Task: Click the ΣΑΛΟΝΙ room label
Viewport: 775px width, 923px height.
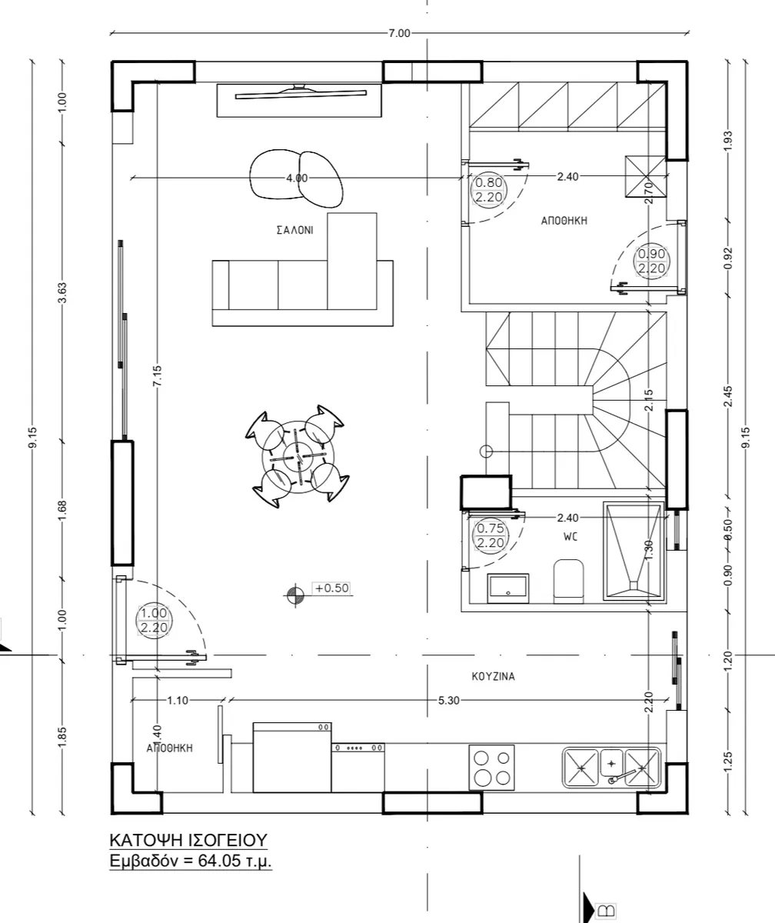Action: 294,230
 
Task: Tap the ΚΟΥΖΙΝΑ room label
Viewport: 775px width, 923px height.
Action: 493,676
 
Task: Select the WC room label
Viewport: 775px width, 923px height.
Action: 570,537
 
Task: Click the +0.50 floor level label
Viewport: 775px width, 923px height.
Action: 332,588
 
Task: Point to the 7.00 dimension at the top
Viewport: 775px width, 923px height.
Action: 399,34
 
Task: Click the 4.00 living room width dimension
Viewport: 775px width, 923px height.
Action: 297,178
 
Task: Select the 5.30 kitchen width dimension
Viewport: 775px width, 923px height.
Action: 448,701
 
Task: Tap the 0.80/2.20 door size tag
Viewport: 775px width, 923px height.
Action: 489,190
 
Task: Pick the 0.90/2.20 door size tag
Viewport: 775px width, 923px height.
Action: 652,261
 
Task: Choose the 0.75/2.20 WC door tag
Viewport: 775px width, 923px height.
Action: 491,535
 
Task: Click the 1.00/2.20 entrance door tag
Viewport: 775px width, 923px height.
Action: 154,620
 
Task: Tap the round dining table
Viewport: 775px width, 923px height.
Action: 298,457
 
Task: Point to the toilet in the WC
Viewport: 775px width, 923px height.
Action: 569,581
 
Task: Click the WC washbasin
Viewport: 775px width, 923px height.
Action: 508,588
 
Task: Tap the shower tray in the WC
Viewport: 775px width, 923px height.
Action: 634,551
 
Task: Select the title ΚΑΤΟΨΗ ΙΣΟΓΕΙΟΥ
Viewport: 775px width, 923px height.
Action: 188,840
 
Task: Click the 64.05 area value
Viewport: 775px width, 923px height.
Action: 220,861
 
